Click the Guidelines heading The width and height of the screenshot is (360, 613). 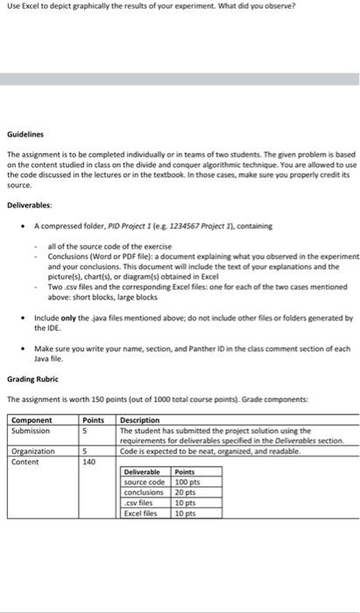coord(25,135)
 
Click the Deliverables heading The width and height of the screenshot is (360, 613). coord(31,203)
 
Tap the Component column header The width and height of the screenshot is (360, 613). coord(31,420)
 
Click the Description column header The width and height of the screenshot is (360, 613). coord(141,420)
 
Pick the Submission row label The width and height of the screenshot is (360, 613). coord(32,430)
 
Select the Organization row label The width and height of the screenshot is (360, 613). coord(34,451)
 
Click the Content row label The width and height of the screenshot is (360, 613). coord(26,462)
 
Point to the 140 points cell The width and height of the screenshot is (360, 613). coord(88,462)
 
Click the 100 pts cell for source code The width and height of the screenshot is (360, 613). coord(187,483)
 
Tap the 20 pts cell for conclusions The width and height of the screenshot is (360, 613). coord(185,493)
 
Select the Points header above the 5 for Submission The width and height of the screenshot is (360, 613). coord(92,420)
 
